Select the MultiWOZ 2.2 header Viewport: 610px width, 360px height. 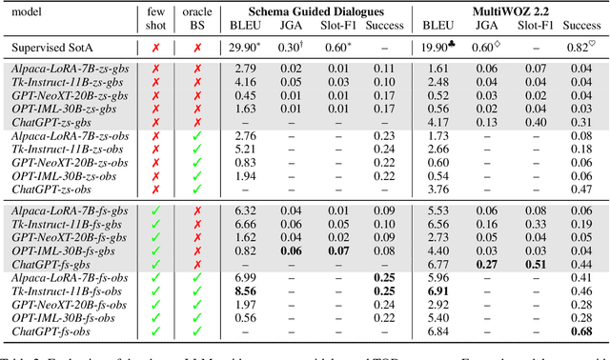coord(509,10)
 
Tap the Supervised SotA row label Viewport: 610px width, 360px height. coord(58,47)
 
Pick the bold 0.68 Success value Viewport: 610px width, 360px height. coord(583,330)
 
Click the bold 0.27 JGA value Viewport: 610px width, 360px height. coord(484,262)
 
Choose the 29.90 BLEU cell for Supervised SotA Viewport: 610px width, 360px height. coord(246,47)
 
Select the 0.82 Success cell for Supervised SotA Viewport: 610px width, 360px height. coord(584,47)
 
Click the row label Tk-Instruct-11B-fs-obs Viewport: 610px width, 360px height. coord(69,289)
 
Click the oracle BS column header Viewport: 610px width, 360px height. coord(198,17)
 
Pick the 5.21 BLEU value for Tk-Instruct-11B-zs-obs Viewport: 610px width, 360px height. coord(244,150)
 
